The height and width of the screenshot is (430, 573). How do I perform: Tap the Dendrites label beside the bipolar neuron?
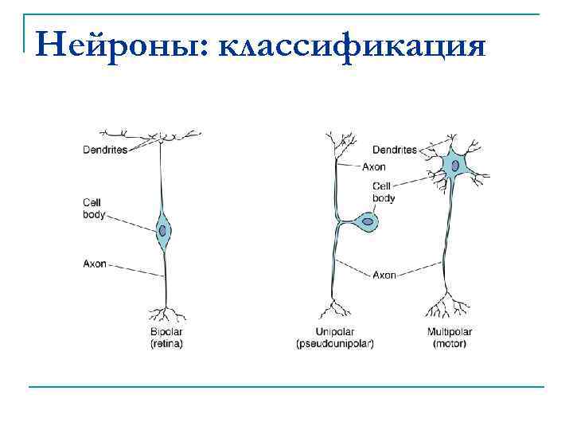pyautogui.click(x=105, y=149)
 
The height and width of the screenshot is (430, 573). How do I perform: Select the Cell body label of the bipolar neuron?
pyautogui.click(x=93, y=208)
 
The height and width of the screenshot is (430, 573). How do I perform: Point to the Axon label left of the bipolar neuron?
pyautogui.click(x=95, y=264)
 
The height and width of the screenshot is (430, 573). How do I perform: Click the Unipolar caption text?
pyautogui.click(x=335, y=332)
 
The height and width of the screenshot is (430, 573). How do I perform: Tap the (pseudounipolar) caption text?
pyautogui.click(x=335, y=344)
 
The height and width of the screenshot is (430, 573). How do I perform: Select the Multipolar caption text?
pyautogui.click(x=450, y=332)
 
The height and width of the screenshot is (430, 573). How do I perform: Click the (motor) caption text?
pyautogui.click(x=450, y=344)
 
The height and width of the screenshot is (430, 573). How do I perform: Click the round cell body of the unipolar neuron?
pyautogui.click(x=367, y=221)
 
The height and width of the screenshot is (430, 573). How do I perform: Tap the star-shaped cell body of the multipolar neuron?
pyautogui.click(x=455, y=164)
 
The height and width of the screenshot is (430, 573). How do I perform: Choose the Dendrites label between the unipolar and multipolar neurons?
pyautogui.click(x=394, y=149)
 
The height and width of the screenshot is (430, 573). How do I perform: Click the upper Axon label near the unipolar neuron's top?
pyautogui.click(x=374, y=167)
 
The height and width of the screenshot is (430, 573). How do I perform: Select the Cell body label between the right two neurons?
pyautogui.click(x=382, y=191)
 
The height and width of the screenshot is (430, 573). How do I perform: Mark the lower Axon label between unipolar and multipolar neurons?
pyautogui.click(x=384, y=275)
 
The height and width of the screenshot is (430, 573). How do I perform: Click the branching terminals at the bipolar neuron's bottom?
pyautogui.click(x=166, y=313)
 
